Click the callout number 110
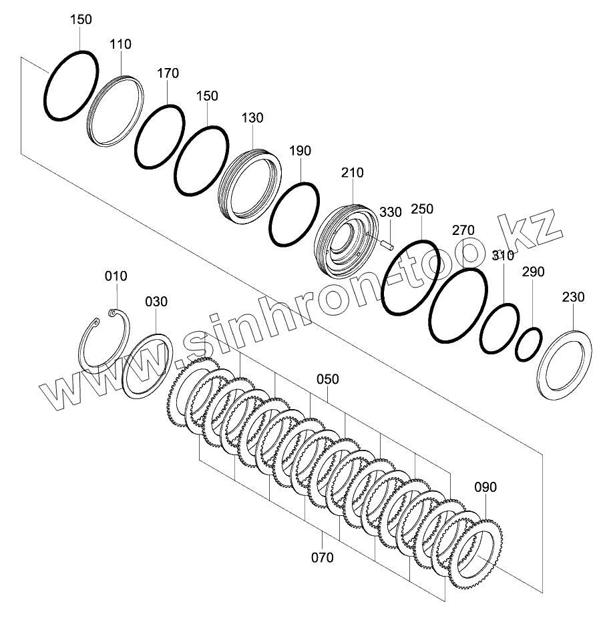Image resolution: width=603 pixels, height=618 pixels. [120, 44]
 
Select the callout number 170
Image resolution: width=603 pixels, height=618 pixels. [168, 73]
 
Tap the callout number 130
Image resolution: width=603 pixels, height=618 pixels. [252, 118]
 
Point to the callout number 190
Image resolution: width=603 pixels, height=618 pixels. [300, 151]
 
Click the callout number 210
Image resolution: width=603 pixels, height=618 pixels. [352, 173]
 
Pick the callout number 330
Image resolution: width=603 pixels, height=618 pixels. [391, 212]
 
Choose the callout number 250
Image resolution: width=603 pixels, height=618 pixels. [422, 210]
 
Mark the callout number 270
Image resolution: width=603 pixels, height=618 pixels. [463, 230]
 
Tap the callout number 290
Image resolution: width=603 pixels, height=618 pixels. [533, 272]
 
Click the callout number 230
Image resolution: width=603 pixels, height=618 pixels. [573, 297]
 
